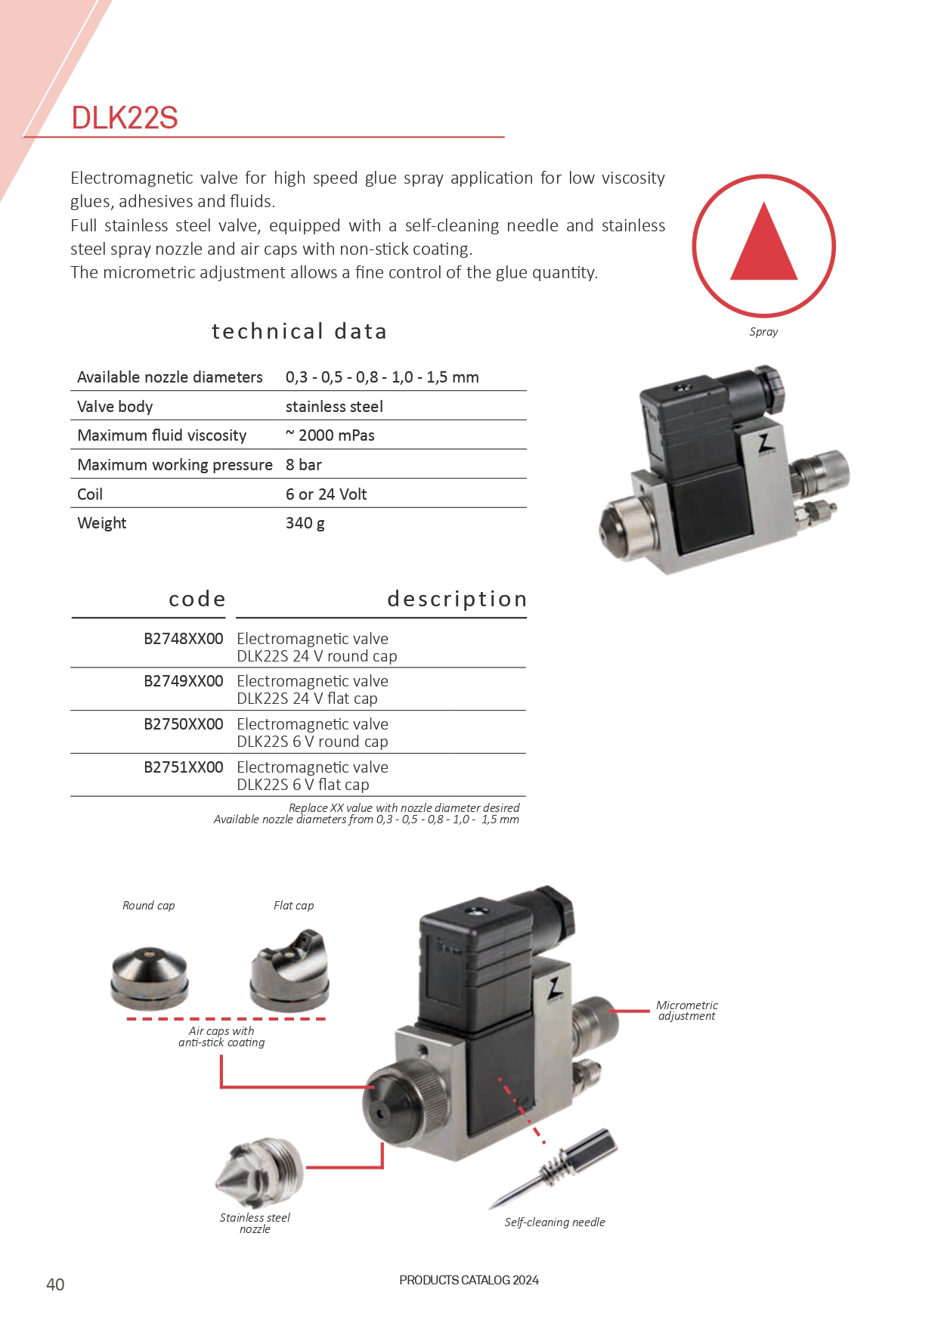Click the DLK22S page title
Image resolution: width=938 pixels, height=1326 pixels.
125,118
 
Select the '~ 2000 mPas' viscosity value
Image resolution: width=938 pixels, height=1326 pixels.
330,435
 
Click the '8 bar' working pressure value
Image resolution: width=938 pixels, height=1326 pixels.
304,465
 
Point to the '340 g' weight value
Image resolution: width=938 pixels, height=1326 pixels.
305,523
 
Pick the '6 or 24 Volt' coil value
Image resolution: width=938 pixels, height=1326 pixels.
326,494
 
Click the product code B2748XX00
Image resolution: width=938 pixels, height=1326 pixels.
184,639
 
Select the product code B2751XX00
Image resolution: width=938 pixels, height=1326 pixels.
184,767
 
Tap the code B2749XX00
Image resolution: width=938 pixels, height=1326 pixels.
184,681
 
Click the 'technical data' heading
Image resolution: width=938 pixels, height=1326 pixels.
299,331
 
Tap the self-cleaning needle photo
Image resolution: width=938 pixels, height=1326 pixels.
556,1169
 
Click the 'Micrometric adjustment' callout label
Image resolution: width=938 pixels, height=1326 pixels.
686,1011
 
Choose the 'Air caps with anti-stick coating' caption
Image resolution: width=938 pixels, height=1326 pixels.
221,1036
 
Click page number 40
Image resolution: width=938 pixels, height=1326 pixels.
55,1284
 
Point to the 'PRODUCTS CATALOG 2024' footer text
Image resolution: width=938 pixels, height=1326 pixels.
469,1280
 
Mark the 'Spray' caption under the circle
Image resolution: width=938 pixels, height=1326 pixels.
763,332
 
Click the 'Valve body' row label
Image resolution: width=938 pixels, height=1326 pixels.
115,407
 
